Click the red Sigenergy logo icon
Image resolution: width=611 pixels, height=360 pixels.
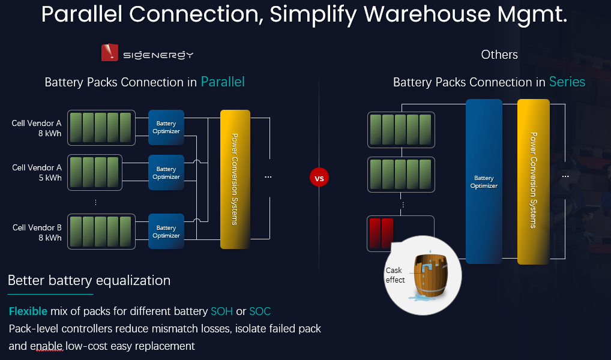(109, 53)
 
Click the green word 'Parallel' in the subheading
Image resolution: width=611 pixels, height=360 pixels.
(223, 82)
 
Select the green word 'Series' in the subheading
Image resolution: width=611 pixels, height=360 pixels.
(567, 82)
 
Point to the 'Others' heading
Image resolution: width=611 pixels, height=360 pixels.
(499, 55)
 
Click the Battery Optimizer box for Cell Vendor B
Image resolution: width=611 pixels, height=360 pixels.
(166, 232)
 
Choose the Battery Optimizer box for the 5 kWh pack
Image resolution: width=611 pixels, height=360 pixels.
(166, 173)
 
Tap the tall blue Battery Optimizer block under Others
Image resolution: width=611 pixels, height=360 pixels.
(484, 182)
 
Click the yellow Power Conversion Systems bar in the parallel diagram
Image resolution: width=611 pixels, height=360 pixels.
(235, 179)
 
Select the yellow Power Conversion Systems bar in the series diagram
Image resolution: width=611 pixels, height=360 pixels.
(534, 182)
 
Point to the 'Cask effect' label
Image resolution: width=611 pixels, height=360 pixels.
(395, 275)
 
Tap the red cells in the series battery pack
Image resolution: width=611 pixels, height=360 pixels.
(381, 233)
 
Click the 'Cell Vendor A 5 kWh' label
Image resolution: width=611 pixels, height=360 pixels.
(37, 173)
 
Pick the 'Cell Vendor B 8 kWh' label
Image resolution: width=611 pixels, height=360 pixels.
(37, 233)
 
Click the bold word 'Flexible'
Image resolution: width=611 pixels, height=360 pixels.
(28, 311)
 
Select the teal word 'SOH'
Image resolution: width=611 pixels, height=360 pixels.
(221, 311)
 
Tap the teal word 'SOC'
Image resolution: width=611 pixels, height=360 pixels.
(260, 311)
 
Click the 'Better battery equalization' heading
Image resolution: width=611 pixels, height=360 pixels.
(89, 281)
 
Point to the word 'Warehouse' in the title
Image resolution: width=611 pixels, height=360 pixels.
(427, 14)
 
